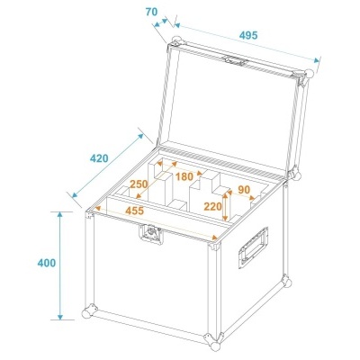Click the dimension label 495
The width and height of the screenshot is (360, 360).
tap(249, 34)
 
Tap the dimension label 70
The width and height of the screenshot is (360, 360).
tap(150, 13)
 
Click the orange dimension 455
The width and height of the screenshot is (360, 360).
tap(136, 211)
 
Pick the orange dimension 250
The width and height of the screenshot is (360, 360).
tap(139, 184)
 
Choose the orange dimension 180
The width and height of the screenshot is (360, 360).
tap(184, 176)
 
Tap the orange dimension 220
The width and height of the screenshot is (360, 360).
tap(213, 205)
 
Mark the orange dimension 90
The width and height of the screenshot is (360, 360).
tap(243, 190)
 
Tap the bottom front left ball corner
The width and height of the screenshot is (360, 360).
tap(89, 312)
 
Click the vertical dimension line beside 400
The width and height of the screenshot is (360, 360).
tap(60, 265)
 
